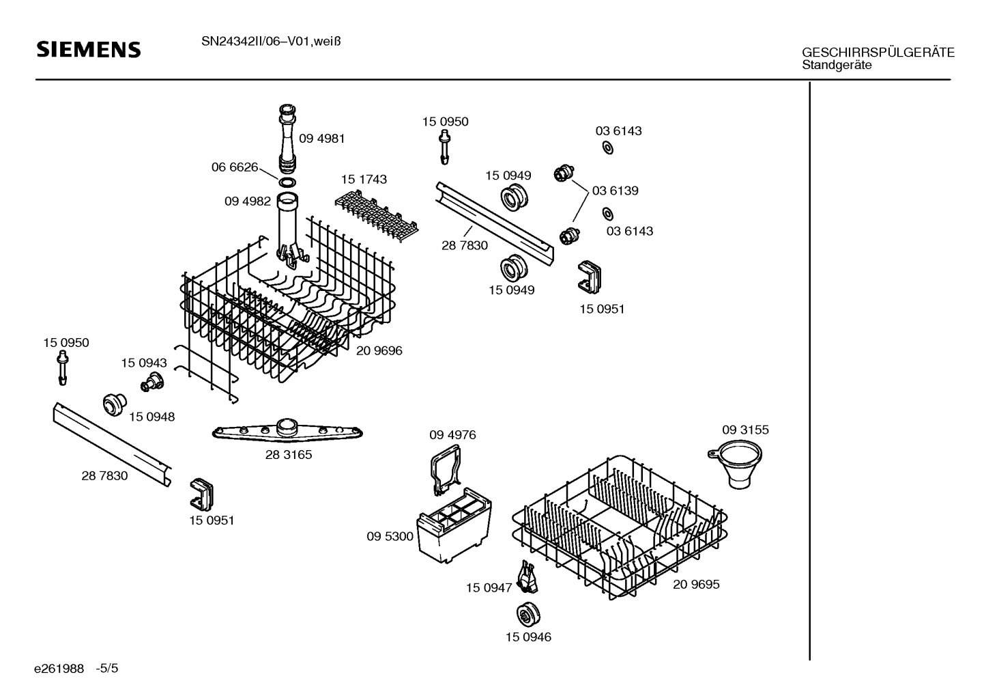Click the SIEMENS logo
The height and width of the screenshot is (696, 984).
89,50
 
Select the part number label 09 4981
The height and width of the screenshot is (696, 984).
321,139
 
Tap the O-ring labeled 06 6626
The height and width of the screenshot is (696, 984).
287,182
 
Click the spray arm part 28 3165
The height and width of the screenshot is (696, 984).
287,430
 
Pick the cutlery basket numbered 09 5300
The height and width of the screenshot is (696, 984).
454,525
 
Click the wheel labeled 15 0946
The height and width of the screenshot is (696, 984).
528,615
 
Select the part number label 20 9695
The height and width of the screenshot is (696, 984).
696,584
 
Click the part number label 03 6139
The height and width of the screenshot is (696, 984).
615,191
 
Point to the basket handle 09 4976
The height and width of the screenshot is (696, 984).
446,469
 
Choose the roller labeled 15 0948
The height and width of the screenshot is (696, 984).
115,404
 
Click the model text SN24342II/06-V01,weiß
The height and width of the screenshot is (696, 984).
271,42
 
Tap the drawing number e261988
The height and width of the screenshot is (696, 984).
59,669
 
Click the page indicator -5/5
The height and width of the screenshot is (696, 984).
107,668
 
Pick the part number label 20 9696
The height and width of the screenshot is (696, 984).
379,351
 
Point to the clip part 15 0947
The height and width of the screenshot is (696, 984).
527,577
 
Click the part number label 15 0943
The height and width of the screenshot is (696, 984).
144,363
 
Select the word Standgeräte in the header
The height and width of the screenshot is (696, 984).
837,65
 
